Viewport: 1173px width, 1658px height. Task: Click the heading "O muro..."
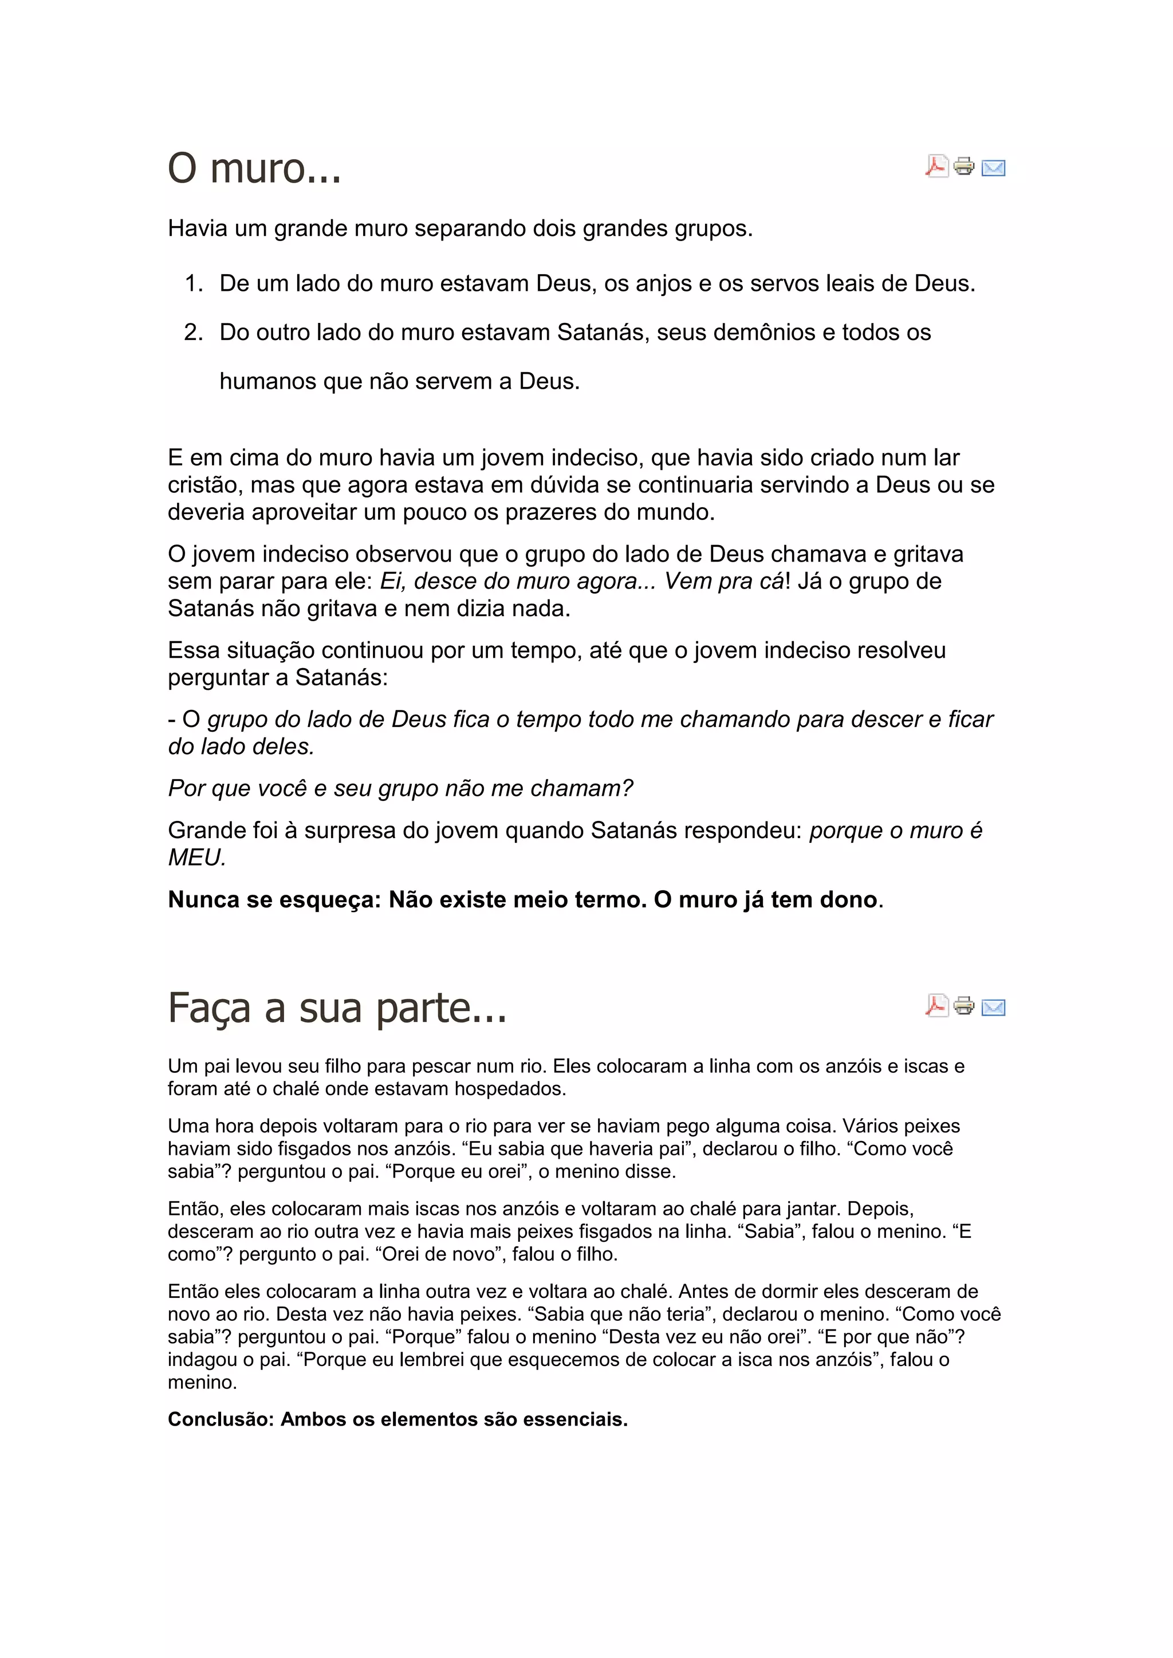(254, 169)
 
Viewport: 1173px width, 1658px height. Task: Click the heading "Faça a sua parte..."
(337, 1008)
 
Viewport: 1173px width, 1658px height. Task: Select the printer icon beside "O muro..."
(965, 167)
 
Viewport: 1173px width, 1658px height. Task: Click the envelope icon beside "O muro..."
(994, 168)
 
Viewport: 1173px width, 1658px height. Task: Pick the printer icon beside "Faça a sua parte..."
(965, 1005)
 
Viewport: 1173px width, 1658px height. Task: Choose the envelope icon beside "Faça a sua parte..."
(994, 1006)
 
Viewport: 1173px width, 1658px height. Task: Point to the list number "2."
(194, 333)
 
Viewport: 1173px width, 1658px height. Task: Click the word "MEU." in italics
(197, 858)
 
